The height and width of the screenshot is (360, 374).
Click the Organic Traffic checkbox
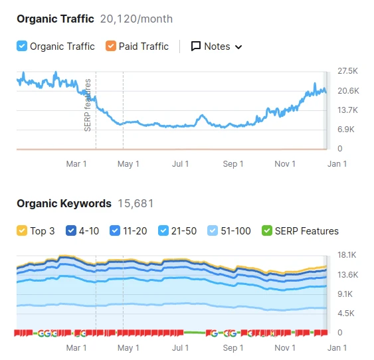tap(22, 46)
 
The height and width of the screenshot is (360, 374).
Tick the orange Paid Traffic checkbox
tap(111, 46)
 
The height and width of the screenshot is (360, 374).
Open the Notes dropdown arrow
tap(238, 47)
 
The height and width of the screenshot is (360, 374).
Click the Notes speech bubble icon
tap(196, 46)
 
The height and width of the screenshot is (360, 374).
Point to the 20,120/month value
tap(136, 19)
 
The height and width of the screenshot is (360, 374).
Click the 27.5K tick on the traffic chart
tap(347, 71)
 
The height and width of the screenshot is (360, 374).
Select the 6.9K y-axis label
tap(346, 130)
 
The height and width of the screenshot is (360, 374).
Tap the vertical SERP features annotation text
tap(88, 105)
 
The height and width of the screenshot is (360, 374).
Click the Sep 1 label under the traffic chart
tap(233, 164)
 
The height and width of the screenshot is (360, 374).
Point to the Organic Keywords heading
tap(64, 204)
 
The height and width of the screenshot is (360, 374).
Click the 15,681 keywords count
tap(136, 204)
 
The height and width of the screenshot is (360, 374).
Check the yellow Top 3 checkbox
tap(22, 230)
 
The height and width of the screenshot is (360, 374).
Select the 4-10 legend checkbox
tap(71, 230)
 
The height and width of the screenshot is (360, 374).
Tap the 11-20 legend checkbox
tap(115, 230)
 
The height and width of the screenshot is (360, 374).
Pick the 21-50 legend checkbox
tap(163, 230)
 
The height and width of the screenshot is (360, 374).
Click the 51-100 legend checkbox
tap(213, 230)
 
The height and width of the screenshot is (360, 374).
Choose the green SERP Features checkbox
tap(267, 230)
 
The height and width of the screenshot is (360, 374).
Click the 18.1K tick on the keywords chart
tap(347, 255)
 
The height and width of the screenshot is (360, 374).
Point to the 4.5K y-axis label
tap(346, 314)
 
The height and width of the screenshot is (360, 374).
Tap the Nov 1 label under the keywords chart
tap(285, 348)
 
